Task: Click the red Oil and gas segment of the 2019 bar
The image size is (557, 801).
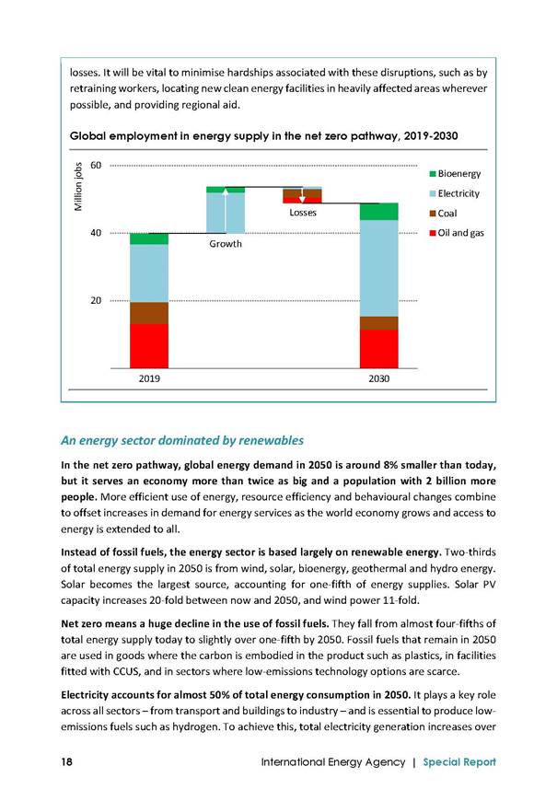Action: coord(149,346)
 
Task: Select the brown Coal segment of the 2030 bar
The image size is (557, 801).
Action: coord(378,323)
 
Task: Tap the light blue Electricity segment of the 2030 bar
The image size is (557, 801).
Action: coord(378,268)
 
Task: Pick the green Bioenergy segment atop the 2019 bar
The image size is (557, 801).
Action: coord(149,238)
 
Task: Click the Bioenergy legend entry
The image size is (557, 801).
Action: coord(455,174)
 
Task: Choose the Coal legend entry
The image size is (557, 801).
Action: coord(443,213)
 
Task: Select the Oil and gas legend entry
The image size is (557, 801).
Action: coord(457,233)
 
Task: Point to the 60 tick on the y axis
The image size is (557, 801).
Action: coord(96,165)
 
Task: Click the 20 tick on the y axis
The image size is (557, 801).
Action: coord(96,300)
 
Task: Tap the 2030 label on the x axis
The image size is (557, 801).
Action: coord(378,378)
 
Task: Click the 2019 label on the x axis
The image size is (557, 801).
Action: coord(149,378)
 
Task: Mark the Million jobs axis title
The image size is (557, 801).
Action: coord(78,187)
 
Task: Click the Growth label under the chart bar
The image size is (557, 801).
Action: coord(226,244)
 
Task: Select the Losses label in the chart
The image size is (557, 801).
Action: coord(303,213)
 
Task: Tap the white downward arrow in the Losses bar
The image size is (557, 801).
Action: coord(302,196)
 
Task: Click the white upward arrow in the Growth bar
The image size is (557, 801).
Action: coord(226,210)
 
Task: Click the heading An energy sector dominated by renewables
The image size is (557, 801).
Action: coord(182,440)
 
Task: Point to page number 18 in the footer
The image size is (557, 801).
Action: coord(66,761)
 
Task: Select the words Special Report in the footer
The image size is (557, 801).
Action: coord(459,762)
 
